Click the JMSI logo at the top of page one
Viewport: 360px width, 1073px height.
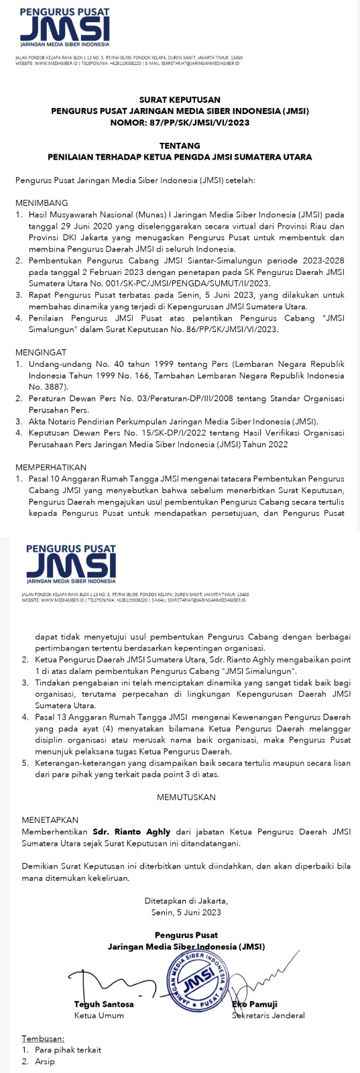pos(64,30)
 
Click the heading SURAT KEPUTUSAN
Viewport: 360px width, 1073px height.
pos(180,99)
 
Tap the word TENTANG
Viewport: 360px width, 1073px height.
pos(180,146)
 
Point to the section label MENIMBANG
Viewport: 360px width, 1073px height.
pos(42,203)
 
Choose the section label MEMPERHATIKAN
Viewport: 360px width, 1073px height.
pos(51,467)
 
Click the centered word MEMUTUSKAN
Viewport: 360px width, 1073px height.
pos(186,797)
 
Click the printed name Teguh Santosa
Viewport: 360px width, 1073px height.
pos(104,1004)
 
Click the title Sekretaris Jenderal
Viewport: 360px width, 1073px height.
pos(268,1015)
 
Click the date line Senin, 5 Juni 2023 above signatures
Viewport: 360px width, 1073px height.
pos(186,912)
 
